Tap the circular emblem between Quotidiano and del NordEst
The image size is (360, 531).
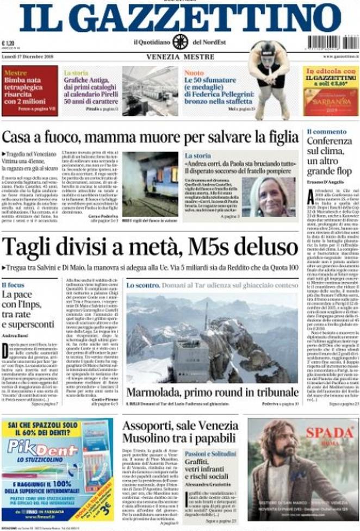(180, 41)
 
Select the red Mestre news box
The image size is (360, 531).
(29, 91)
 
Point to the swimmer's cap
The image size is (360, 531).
(268, 48)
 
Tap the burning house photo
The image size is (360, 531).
(150, 183)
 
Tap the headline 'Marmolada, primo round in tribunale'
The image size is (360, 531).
(212, 392)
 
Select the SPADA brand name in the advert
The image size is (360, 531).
(329, 433)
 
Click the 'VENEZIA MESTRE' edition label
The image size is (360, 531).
(179, 56)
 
